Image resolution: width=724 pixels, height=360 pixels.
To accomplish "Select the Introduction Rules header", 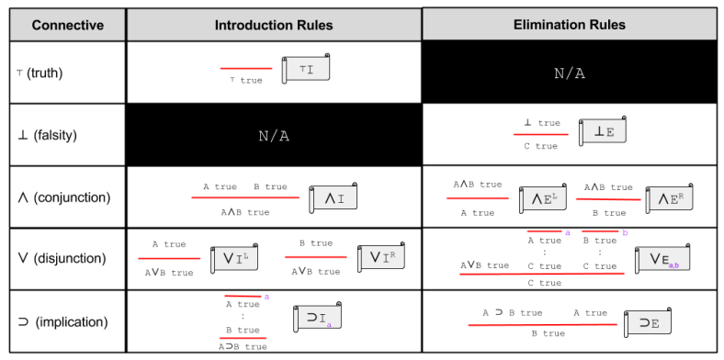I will pyautogui.click(x=273, y=25).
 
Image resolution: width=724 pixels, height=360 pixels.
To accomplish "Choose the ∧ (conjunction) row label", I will pyautogui.click(x=63, y=197).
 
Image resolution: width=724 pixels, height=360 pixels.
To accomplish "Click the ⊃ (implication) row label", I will pyautogui.click(x=62, y=321).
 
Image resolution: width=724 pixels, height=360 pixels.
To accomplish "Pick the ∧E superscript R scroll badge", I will pyautogui.click(x=672, y=197).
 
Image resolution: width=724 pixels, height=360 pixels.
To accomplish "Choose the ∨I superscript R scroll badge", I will pyautogui.click(x=381, y=258).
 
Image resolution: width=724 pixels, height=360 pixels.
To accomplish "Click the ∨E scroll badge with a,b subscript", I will pyautogui.click(x=664, y=260).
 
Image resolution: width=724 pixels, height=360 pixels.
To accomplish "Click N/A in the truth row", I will pyautogui.click(x=570, y=73).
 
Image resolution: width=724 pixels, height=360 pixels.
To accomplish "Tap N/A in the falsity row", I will pyautogui.click(x=273, y=135).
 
